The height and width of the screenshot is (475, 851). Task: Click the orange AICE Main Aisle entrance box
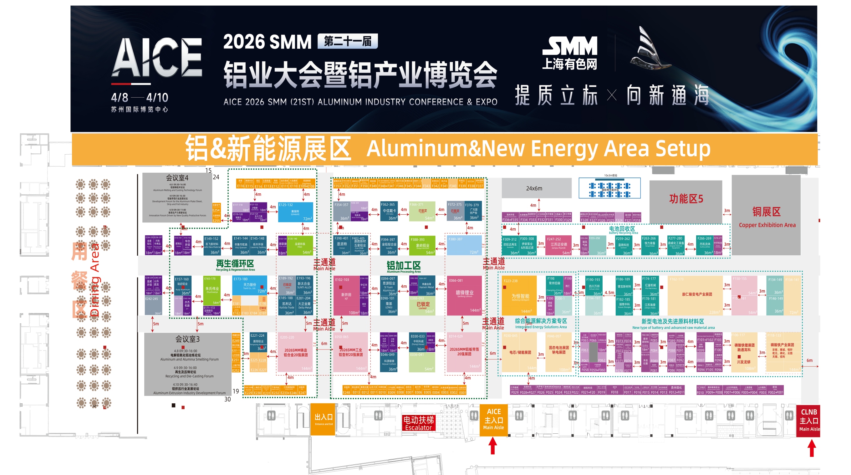click(494, 420)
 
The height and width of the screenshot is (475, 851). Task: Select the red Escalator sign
click(418, 423)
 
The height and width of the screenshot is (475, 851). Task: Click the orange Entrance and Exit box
click(323, 419)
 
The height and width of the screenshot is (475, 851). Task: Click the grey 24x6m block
click(536, 188)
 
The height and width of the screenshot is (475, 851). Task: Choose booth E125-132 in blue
click(295, 212)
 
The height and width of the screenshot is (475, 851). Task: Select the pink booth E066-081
click(465, 295)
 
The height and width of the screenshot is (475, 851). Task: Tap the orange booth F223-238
click(519, 295)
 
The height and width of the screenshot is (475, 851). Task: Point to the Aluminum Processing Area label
click(403, 267)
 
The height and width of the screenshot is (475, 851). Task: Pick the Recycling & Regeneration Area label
click(235, 265)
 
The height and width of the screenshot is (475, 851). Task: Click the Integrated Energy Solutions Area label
click(541, 323)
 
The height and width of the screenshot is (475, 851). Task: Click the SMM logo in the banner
click(569, 53)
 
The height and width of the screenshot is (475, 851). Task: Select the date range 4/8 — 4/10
click(140, 97)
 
